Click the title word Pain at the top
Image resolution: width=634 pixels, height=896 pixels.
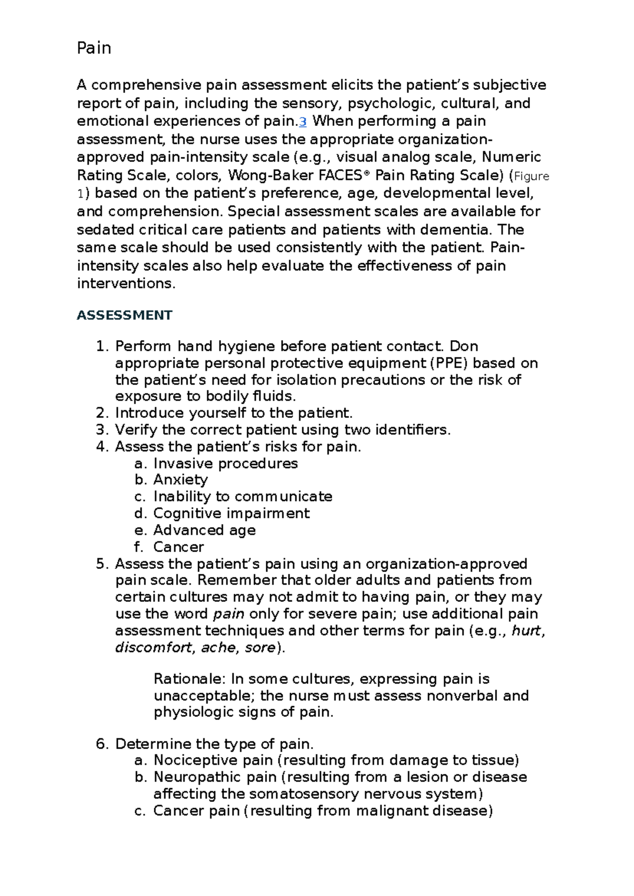[x=94, y=48]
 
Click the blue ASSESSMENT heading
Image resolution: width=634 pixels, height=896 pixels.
[x=124, y=315]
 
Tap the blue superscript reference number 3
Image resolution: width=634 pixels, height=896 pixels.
[x=303, y=122]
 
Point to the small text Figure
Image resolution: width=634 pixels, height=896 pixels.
[x=532, y=176]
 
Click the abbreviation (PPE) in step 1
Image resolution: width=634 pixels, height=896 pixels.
[x=449, y=363]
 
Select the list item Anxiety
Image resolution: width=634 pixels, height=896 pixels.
[x=180, y=480]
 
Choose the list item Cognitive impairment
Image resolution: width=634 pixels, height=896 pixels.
[x=231, y=514]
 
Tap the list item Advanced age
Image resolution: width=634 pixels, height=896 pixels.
[x=204, y=530]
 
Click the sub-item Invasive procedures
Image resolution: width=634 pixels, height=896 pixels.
[x=226, y=463]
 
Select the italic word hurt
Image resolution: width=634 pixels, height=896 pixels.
[x=526, y=631]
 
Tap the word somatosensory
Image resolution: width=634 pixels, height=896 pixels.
[x=304, y=794]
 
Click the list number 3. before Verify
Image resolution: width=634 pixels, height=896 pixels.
[x=102, y=430]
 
